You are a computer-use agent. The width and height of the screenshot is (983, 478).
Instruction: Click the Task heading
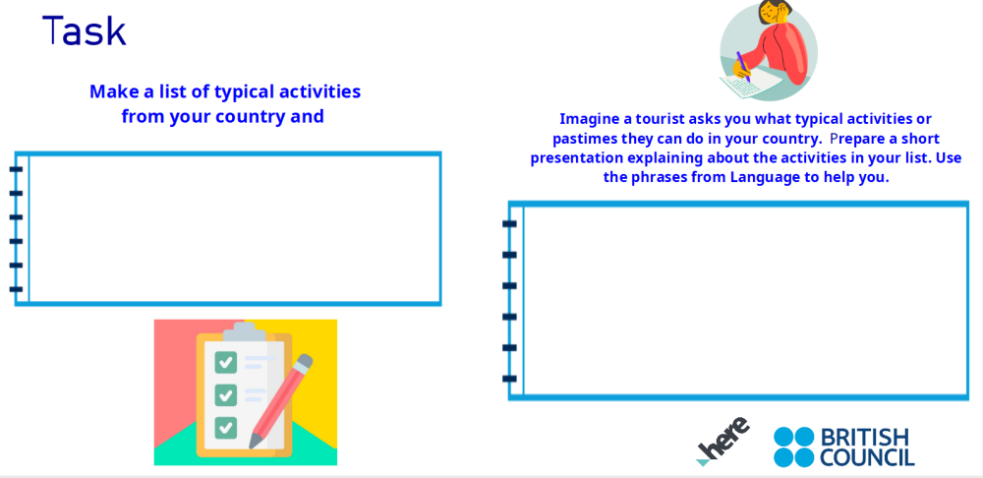click(x=85, y=31)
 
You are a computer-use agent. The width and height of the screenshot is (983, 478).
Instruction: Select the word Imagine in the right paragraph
click(x=590, y=119)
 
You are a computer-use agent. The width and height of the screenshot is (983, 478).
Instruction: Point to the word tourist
click(x=665, y=119)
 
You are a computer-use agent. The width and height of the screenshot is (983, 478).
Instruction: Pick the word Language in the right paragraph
click(x=770, y=177)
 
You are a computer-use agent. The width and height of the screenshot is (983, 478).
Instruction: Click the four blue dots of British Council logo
click(x=793, y=447)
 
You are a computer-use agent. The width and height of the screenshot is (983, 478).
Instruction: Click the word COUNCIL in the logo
click(x=866, y=457)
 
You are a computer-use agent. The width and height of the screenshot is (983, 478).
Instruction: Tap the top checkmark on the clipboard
click(x=226, y=362)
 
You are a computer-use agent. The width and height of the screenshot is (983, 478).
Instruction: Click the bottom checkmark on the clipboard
click(x=226, y=428)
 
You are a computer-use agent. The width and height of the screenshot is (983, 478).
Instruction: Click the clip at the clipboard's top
click(x=244, y=331)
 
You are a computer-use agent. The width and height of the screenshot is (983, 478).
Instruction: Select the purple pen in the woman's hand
click(x=742, y=66)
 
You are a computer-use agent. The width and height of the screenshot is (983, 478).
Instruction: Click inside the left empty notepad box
click(x=234, y=228)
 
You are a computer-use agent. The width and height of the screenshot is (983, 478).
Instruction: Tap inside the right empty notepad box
click(x=744, y=300)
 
